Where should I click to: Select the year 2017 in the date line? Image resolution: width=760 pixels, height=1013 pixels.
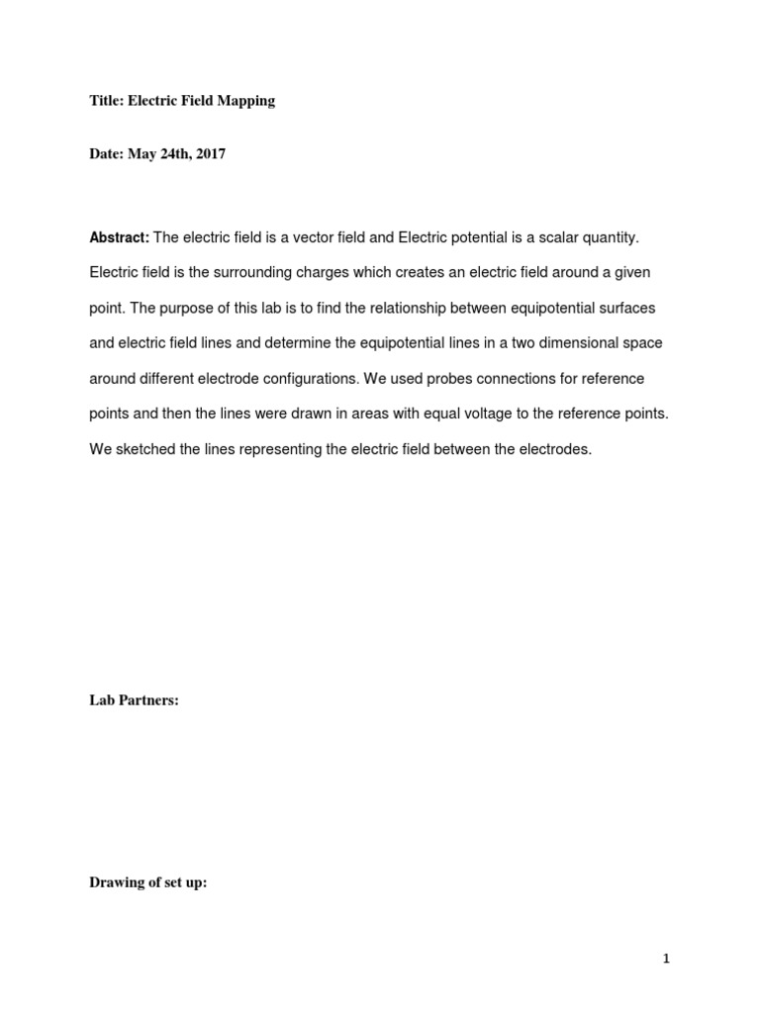210,154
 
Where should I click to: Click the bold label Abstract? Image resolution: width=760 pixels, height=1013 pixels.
119,237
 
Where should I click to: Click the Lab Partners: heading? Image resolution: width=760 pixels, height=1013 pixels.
134,700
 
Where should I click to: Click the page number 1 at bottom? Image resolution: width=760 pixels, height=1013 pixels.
667,958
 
